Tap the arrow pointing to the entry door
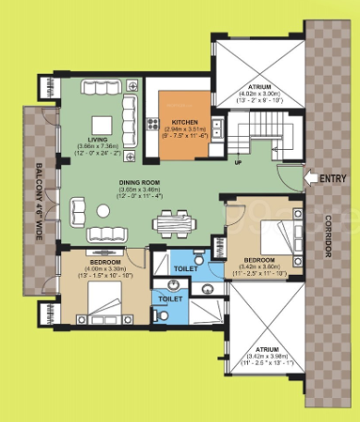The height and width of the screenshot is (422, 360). [x=311, y=178]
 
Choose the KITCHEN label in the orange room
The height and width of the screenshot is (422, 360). [x=182, y=120]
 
